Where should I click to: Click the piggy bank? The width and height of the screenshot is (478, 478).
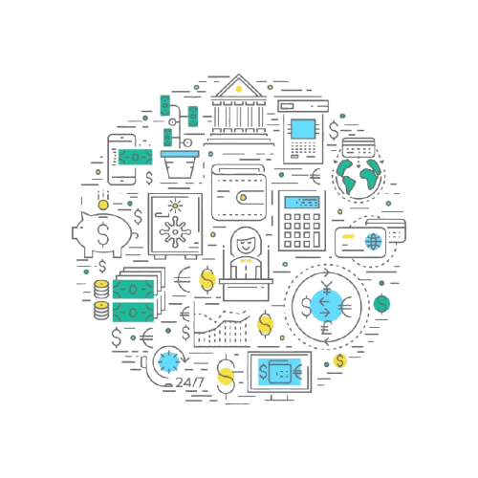pos(102,234)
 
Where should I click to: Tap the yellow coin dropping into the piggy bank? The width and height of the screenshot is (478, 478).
pos(103,205)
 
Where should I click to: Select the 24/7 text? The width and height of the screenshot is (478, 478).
pos(189,382)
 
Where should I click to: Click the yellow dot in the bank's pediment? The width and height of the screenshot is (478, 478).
pos(238,89)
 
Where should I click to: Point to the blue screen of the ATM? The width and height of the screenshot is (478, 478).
pos(303,129)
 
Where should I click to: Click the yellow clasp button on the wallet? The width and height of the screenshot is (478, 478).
pos(243,198)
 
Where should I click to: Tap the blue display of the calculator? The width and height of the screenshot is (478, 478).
pos(302,203)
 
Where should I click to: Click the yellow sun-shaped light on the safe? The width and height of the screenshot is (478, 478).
pos(175,206)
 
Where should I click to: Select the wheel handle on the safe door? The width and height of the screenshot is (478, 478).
pos(175,231)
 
